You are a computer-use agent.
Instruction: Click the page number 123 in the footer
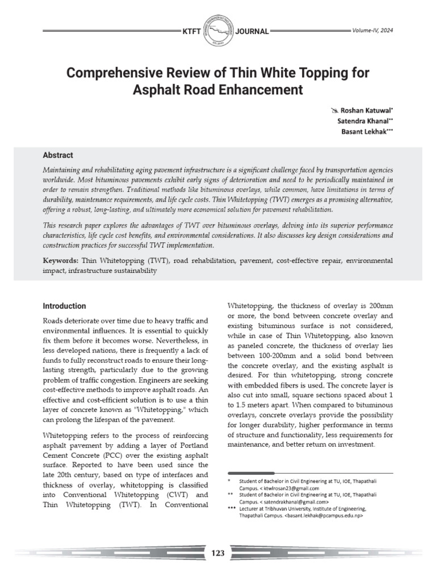pyautogui.click(x=218, y=553)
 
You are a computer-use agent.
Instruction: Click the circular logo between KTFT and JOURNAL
pyautogui.click(x=218, y=31)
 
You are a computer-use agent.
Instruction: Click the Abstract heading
pyautogui.click(x=58, y=155)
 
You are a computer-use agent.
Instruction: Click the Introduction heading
pyautogui.click(x=65, y=306)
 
